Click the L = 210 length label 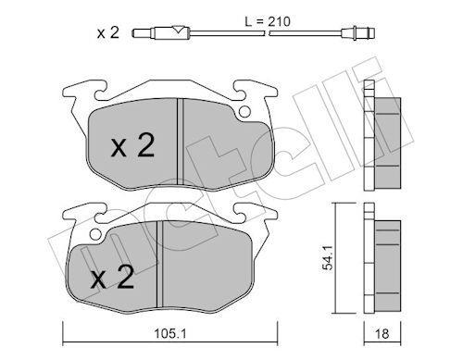pyautogui.click(x=268, y=21)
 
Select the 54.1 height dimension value pyautogui.click(x=328, y=257)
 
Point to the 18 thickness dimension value pyautogui.click(x=382, y=333)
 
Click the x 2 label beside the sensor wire pyautogui.click(x=108, y=32)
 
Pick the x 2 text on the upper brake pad pyautogui.click(x=133, y=146)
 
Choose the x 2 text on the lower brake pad pyautogui.click(x=112, y=277)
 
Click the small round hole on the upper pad pyautogui.click(x=244, y=112)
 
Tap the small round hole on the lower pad pyautogui.click(x=95, y=235)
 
